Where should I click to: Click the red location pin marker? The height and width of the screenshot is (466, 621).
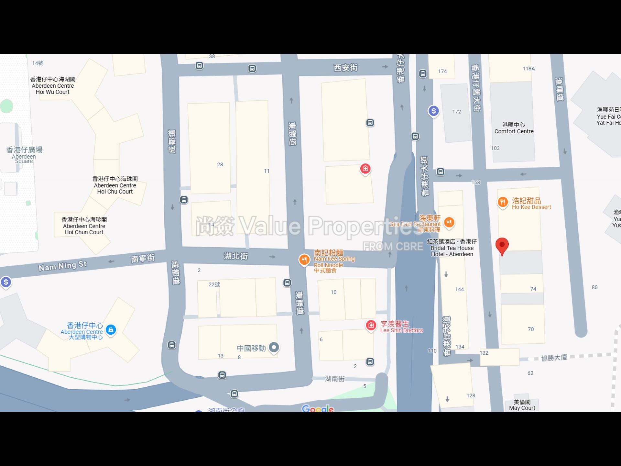click(x=502, y=245)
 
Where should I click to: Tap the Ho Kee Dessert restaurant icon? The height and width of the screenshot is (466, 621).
click(x=502, y=203)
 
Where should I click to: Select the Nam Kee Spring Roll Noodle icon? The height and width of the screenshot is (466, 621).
click(x=304, y=260)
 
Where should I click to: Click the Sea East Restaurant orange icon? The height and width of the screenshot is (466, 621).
click(x=449, y=222)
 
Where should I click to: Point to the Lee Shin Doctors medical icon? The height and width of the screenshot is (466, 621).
click(x=371, y=325)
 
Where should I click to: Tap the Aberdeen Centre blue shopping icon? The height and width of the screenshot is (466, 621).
click(x=111, y=330)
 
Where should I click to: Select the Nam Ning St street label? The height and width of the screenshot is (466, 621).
click(x=62, y=266)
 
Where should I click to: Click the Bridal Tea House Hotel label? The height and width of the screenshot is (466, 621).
click(x=452, y=248)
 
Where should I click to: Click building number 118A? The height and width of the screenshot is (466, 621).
click(x=528, y=69)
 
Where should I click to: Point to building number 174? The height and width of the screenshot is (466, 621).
click(x=442, y=72)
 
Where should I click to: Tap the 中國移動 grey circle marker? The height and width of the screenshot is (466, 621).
click(x=274, y=348)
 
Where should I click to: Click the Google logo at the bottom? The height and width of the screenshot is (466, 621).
click(x=318, y=409)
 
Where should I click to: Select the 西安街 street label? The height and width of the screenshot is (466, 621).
click(x=345, y=68)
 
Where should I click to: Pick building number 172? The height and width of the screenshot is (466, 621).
click(x=456, y=112)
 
